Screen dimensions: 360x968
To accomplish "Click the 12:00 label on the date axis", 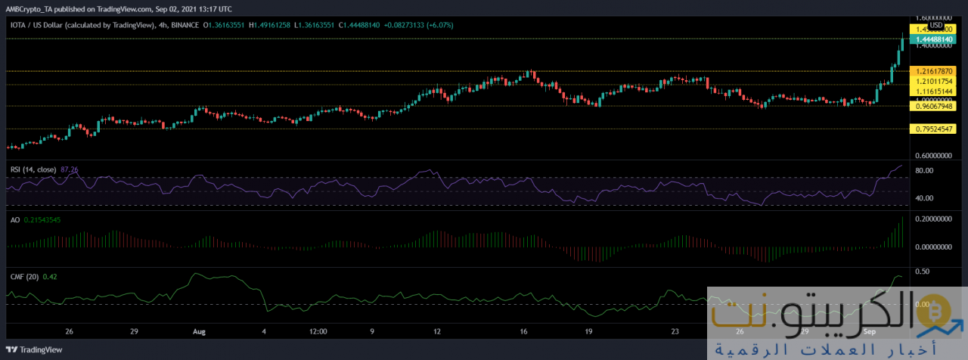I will tap(318, 331).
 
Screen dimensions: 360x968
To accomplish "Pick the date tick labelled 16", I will tap(523, 331).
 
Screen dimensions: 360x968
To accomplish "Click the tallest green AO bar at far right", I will tap(903, 231).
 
